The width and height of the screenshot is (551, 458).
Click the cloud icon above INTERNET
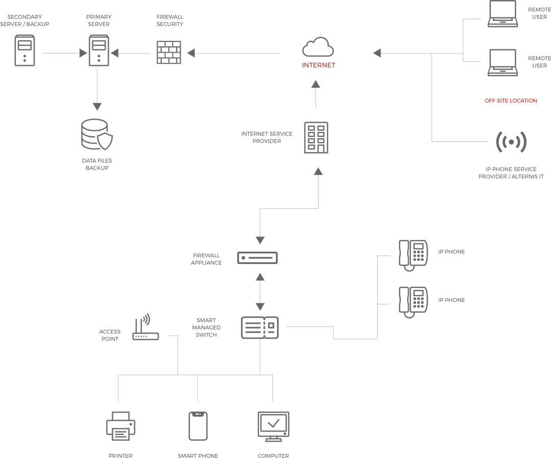tap(317, 47)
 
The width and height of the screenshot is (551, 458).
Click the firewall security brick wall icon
tap(168, 52)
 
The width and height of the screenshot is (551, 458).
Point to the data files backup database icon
tap(97, 135)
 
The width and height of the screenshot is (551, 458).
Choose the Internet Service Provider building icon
tap(316, 137)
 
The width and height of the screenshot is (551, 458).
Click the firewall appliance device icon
tap(259, 258)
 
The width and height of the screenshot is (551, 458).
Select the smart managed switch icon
tap(260, 327)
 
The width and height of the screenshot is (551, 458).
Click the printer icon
tap(120, 426)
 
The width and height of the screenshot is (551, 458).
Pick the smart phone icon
tap(197, 426)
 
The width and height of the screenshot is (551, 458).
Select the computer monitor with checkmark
tap(273, 425)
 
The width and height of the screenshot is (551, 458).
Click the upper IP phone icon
tap(413, 254)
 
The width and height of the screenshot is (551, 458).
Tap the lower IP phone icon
tap(413, 301)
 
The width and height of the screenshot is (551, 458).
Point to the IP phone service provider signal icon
tap(511, 143)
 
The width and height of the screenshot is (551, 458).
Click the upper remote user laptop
tap(503, 14)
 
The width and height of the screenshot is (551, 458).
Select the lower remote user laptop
tap(503, 62)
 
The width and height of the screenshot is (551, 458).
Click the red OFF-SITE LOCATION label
tap(511, 101)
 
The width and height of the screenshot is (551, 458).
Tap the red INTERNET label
tap(319, 65)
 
